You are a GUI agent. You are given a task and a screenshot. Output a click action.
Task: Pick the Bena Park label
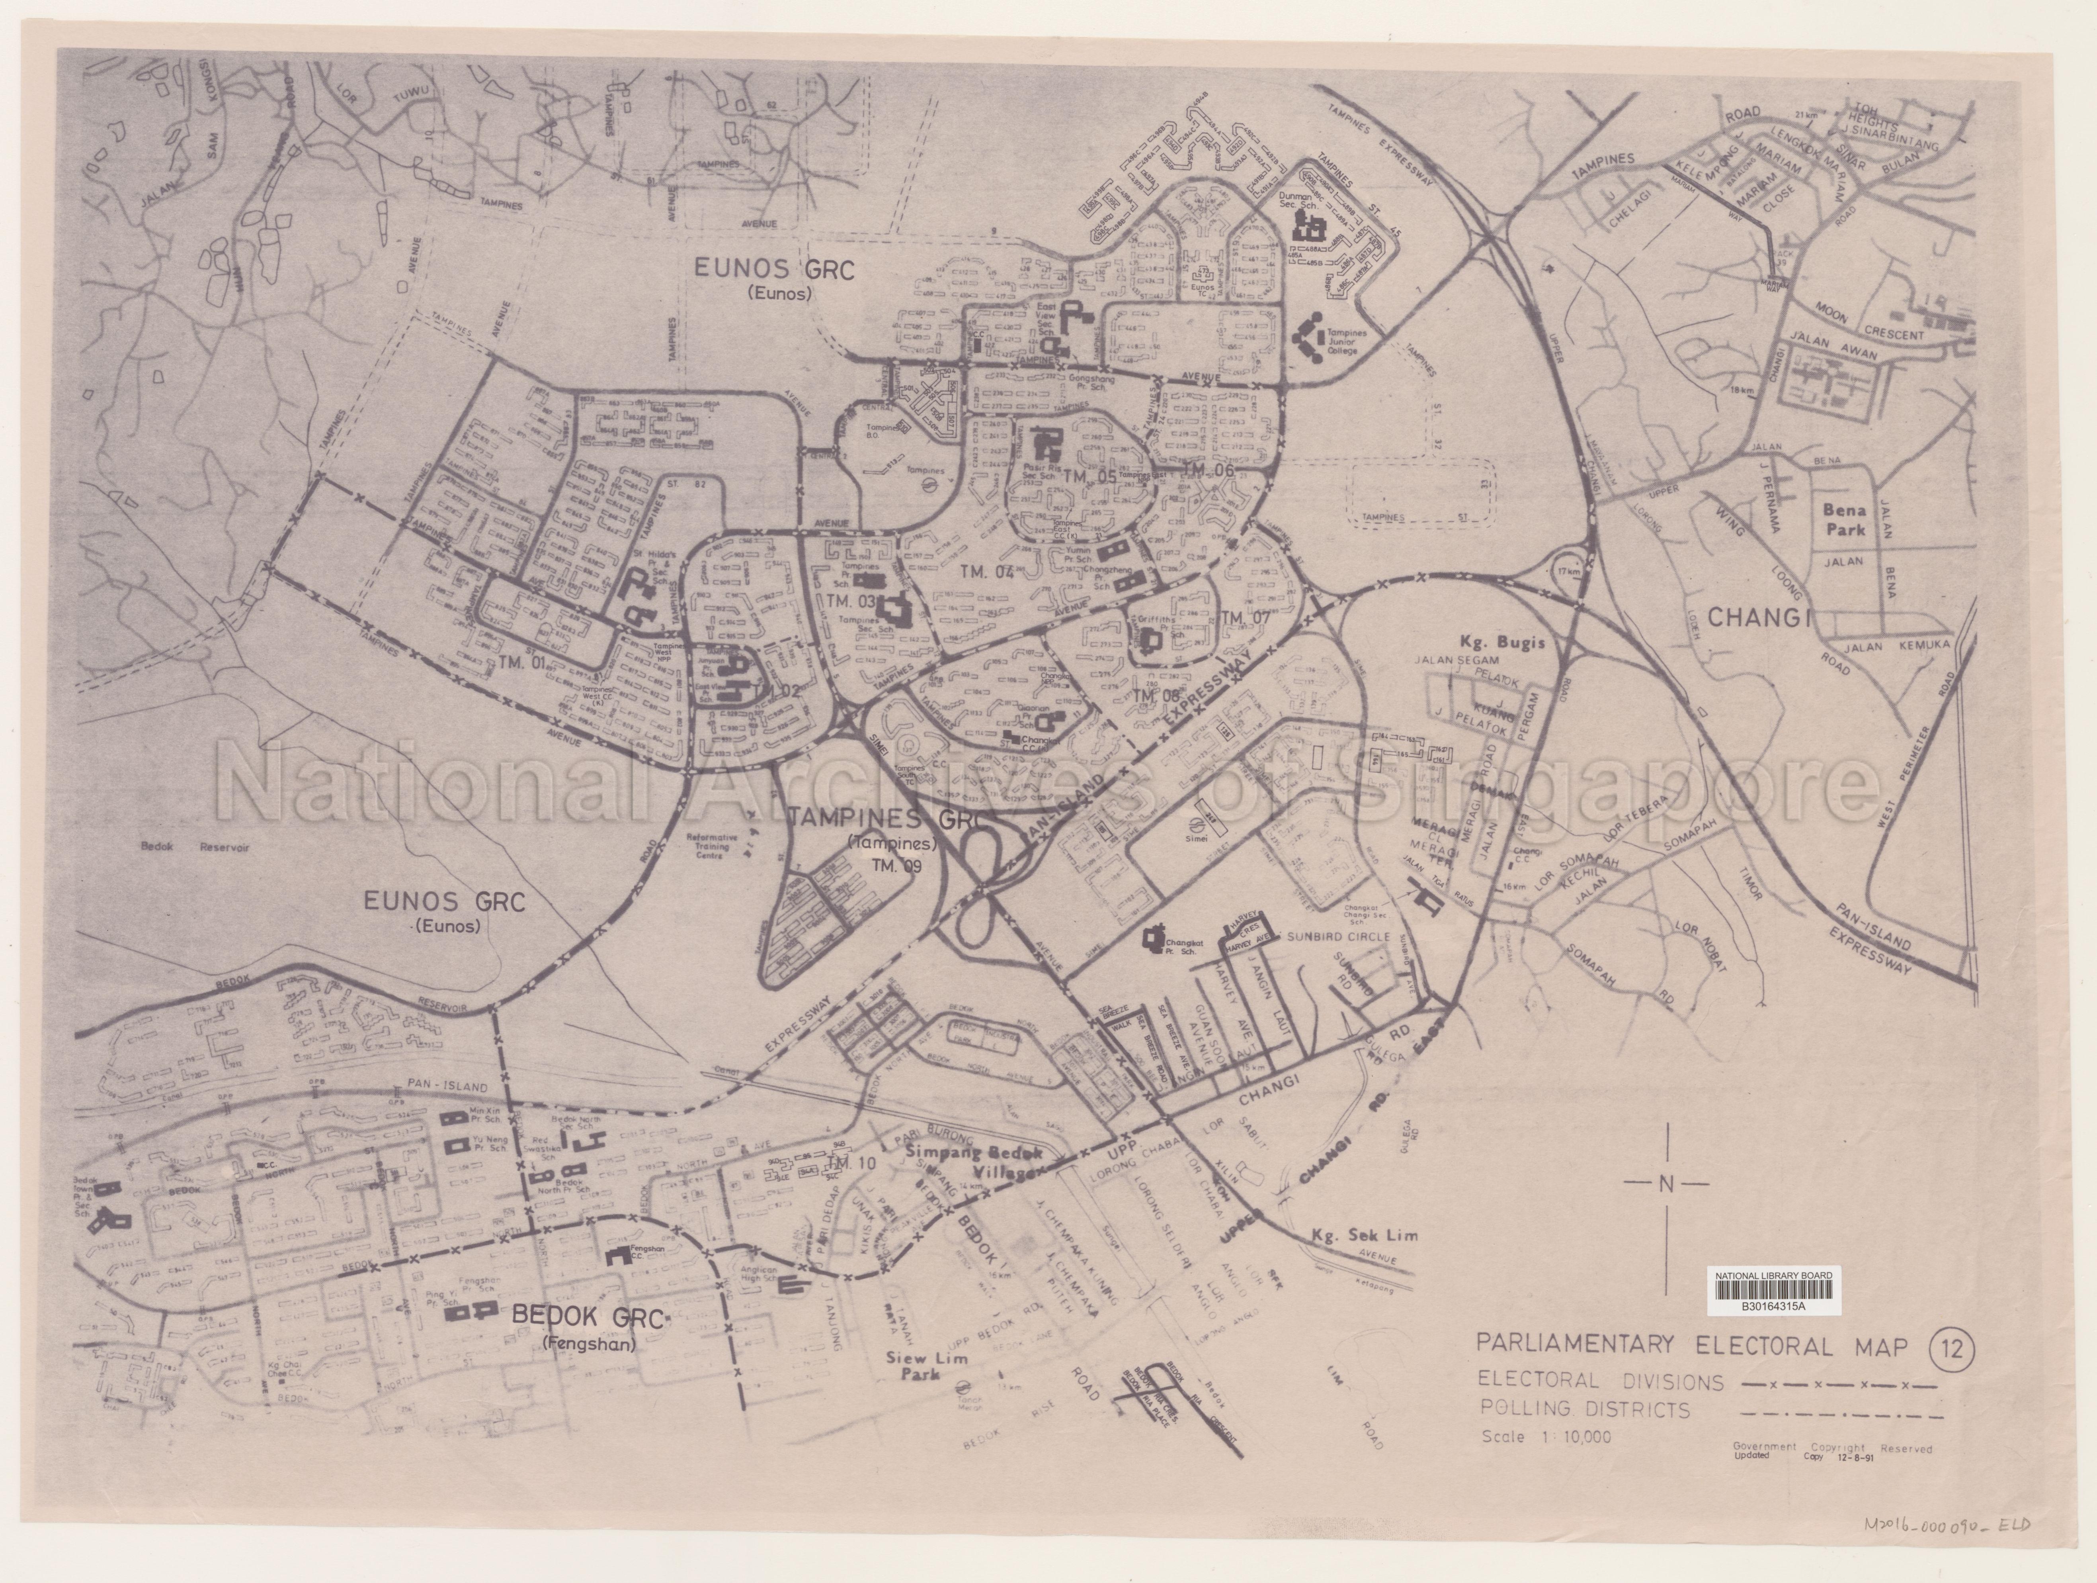click(1843, 520)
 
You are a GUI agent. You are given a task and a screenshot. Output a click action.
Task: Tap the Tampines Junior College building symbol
click(1313, 335)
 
